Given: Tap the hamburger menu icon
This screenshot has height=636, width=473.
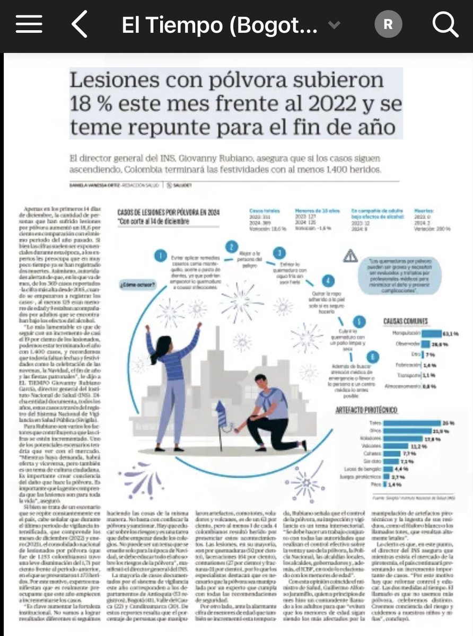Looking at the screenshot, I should pos(29,24).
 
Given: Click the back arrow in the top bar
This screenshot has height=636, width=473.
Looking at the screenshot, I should pos(80,24).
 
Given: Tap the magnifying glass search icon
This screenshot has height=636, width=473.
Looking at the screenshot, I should pos(444,24).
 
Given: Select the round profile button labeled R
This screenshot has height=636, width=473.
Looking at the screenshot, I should pos(388,24).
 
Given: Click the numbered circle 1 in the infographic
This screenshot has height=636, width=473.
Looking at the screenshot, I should pos(159,257).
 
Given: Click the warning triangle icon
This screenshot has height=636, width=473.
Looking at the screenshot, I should pos(351,257).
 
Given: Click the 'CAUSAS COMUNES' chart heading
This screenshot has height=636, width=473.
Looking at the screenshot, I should pos(406,321).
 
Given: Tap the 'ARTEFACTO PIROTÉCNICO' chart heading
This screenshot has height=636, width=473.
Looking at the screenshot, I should pos(366,410).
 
